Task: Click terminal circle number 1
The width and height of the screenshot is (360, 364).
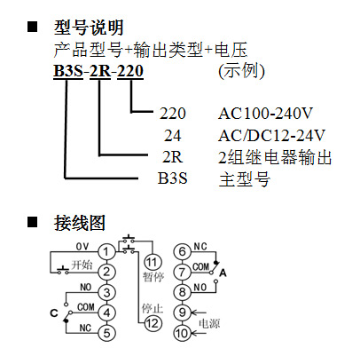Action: click(106, 252)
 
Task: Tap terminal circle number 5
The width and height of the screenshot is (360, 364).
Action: click(106, 333)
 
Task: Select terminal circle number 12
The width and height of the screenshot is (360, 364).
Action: click(153, 323)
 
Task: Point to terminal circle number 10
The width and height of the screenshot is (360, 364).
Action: click(182, 333)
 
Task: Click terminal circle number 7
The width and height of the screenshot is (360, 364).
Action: click(182, 272)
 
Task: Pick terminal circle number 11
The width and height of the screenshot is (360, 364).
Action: click(153, 262)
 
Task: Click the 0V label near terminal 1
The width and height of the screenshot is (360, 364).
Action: click(82, 247)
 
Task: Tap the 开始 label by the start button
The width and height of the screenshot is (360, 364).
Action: click(82, 265)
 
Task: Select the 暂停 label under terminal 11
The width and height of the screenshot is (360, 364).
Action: click(153, 277)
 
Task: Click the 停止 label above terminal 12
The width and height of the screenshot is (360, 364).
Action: click(153, 308)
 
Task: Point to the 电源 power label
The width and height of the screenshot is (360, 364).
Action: click(209, 323)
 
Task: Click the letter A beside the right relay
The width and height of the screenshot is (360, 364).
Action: click(223, 273)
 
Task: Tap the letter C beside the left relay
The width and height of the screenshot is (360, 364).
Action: click(54, 313)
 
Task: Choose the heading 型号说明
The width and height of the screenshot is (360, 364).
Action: click(89, 28)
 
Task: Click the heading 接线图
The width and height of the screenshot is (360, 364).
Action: click(80, 223)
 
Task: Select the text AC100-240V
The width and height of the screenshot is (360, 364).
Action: click(265, 114)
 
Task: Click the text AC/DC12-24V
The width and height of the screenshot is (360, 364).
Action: click(271, 136)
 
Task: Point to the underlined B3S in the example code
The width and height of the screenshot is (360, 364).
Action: click(68, 71)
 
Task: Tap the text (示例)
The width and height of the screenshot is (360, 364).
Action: click(241, 71)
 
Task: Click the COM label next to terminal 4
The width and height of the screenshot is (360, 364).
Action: click(86, 307)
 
